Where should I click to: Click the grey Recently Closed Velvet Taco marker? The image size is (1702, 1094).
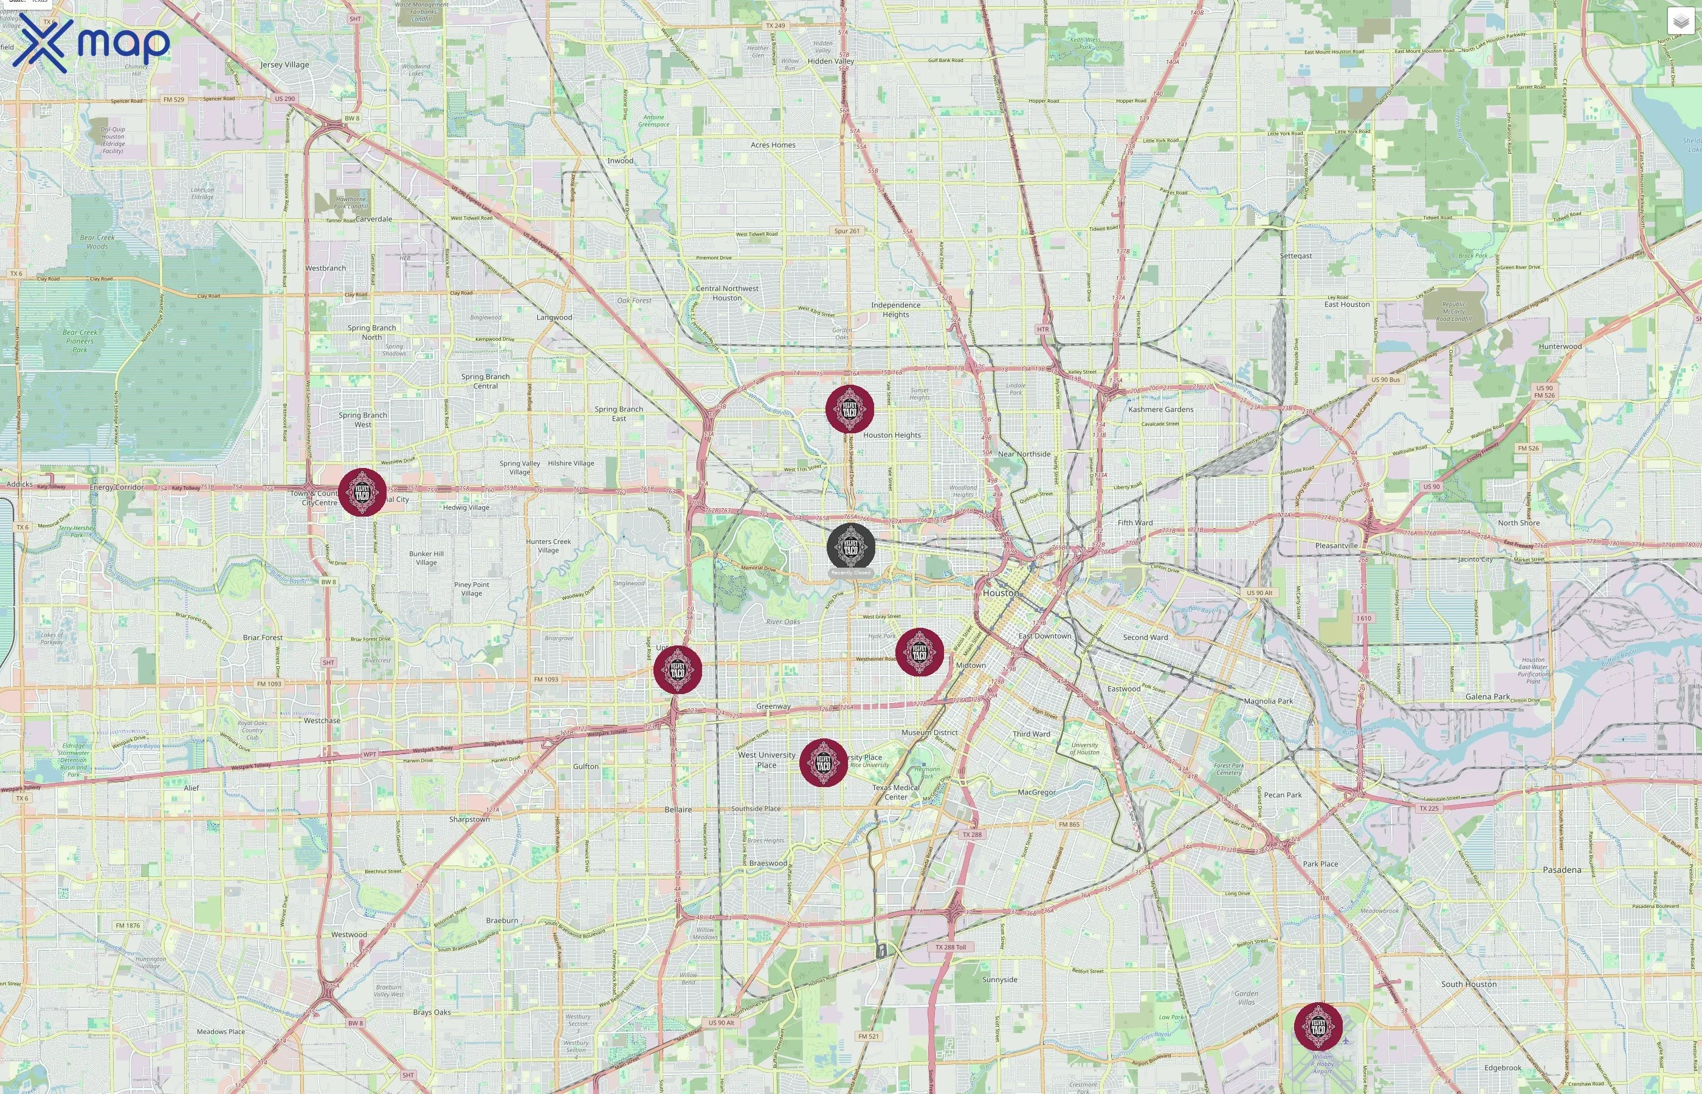[850, 547]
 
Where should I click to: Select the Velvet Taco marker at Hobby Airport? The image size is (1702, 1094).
[1318, 1027]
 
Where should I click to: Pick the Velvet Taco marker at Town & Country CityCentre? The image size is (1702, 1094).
[362, 492]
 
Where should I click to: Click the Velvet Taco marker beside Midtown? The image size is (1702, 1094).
[919, 652]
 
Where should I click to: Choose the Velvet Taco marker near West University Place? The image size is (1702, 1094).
[823, 763]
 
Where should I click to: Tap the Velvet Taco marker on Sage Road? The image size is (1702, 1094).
[678, 670]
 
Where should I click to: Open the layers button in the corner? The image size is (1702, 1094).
[1681, 22]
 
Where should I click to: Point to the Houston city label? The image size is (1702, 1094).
[1000, 593]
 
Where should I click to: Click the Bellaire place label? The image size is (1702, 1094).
[678, 810]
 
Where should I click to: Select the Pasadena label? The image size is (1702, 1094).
[1562, 870]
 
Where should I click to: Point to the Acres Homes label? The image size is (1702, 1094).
[773, 145]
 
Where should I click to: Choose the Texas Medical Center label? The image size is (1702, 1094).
[896, 792]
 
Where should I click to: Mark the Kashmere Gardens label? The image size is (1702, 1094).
[1161, 409]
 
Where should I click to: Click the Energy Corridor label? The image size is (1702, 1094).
[117, 487]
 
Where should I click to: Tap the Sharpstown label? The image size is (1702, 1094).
[469, 819]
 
